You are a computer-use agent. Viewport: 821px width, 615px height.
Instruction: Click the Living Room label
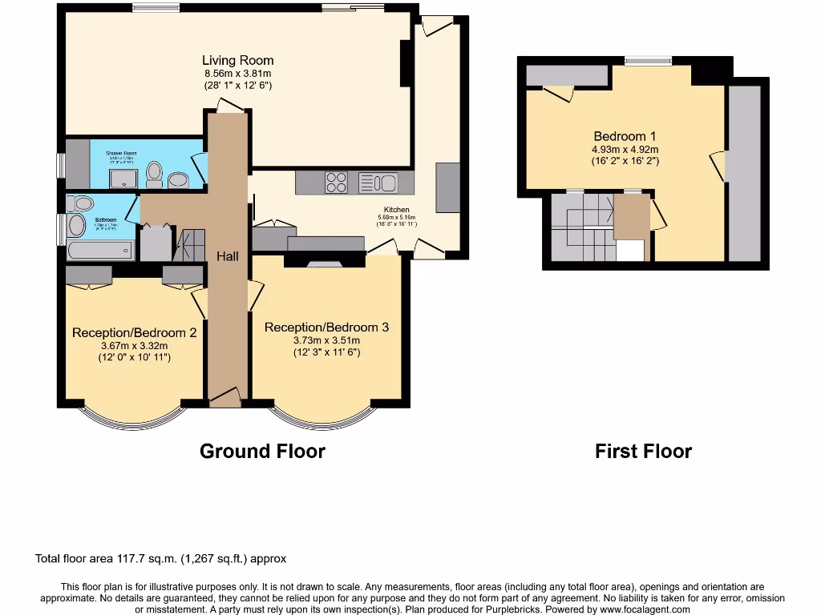tap(237, 60)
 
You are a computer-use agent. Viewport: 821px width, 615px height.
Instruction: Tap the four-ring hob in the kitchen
tap(337, 183)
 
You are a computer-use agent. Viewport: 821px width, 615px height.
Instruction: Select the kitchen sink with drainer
tap(378, 183)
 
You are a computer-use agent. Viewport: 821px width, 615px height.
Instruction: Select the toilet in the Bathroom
tap(79, 202)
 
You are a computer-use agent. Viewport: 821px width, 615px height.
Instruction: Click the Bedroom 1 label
tap(625, 136)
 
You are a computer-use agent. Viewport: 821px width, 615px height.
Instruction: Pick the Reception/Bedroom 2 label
tap(134, 332)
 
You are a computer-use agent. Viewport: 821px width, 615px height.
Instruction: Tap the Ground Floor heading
tap(262, 451)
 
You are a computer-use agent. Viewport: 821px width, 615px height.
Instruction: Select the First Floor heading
tap(643, 451)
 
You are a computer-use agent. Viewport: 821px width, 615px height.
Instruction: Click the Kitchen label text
tap(396, 210)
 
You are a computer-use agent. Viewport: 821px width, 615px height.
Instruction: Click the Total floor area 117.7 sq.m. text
tap(160, 559)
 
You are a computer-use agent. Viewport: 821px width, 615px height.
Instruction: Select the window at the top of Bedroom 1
tap(649, 59)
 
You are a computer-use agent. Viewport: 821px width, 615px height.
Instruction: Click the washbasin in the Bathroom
tap(78, 223)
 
